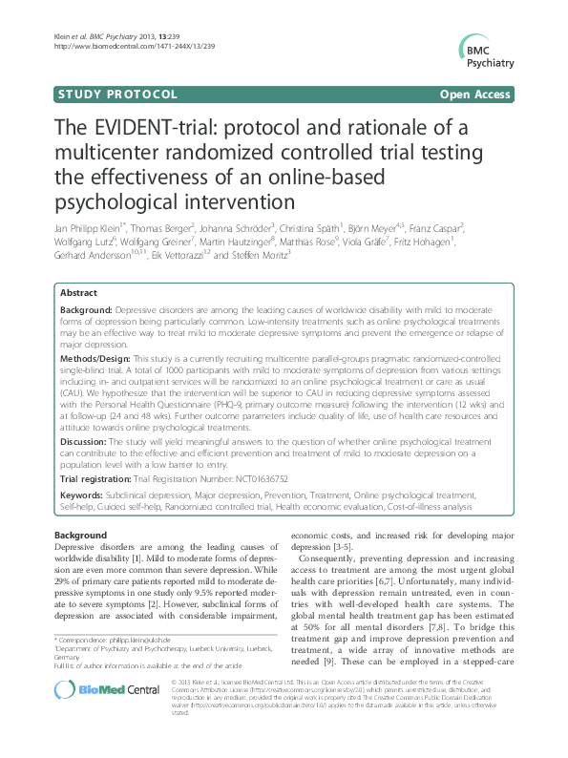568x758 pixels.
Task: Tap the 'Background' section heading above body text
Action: (80, 535)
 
